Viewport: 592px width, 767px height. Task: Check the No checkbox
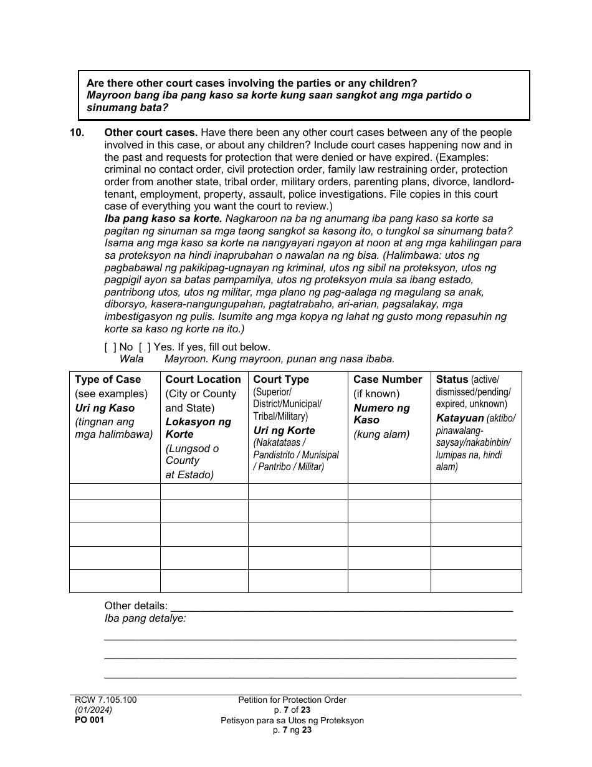[110, 347]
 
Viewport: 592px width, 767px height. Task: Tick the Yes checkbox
[144, 347]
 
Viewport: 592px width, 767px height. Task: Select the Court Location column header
[203, 379]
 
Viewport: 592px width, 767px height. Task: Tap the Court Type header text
[281, 379]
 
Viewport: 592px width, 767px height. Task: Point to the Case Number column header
[388, 379]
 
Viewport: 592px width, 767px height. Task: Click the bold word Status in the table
[452, 379]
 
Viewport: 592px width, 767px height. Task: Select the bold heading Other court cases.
[151, 133]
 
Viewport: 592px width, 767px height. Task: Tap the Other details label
[136, 605]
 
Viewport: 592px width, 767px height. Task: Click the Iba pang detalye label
[145, 618]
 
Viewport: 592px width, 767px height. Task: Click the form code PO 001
[89, 720]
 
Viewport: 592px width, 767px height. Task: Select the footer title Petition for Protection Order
[292, 700]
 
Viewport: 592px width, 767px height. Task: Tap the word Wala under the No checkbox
[131, 359]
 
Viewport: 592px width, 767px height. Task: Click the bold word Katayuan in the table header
[460, 418]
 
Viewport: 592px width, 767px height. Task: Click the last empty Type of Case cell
[115, 581]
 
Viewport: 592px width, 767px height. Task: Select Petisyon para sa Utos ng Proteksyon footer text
[292, 720]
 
